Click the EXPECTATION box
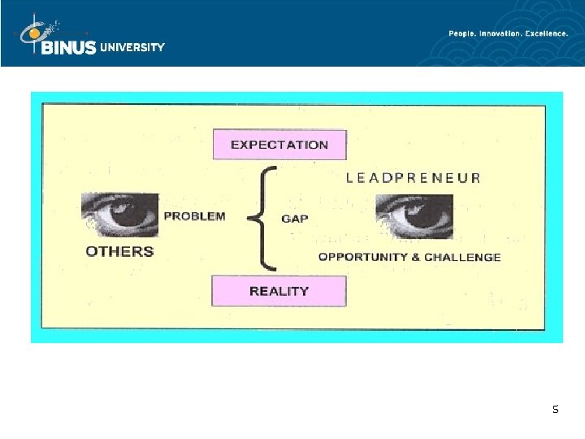279,145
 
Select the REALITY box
279,290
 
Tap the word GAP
295,219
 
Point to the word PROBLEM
195,216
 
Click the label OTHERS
119,251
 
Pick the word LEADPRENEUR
414,177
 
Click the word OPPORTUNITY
363,257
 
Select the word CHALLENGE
463,257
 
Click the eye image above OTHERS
119,213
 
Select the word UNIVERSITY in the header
132,47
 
